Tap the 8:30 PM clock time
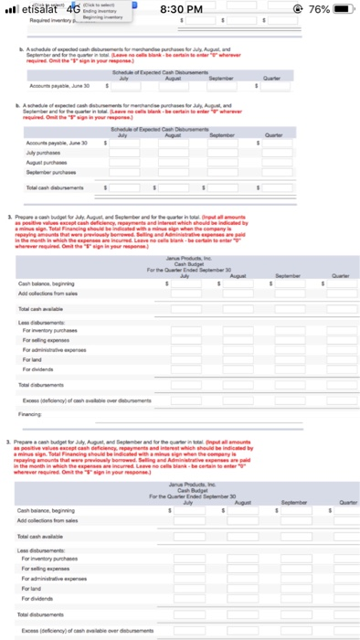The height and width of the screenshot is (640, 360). click(x=181, y=10)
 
